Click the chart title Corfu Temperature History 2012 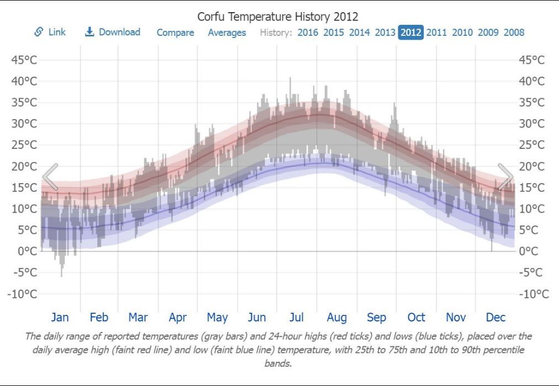tap(278, 17)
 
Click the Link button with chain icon tap(50, 32)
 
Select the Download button tap(113, 32)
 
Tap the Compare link tap(175, 33)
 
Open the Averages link tap(226, 33)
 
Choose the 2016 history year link tap(308, 33)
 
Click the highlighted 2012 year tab tap(410, 33)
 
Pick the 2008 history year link tap(514, 33)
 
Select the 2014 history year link tap(359, 33)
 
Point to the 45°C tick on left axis tap(24, 60)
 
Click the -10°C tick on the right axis tap(534, 294)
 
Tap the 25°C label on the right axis tap(531, 145)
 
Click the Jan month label tap(60, 318)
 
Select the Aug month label tap(336, 318)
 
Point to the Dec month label tap(495, 318)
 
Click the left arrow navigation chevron tap(50, 177)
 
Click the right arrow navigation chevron tap(505, 177)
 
